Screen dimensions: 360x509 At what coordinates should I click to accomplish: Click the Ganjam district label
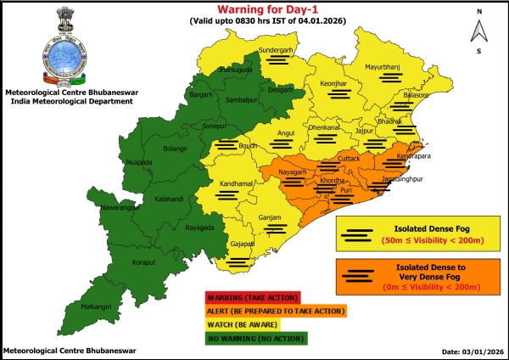(269, 218)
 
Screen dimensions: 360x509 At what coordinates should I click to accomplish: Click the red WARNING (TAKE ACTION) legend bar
(251, 298)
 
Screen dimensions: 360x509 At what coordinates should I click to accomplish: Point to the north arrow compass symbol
(478, 31)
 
